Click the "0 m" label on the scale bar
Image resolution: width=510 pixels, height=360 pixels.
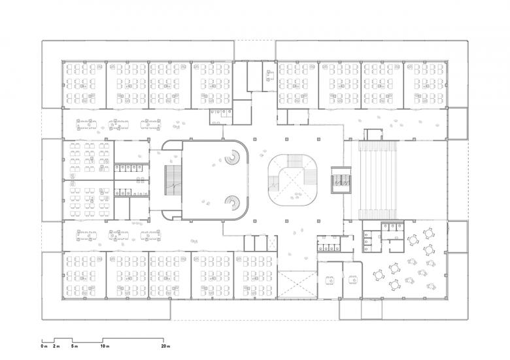44,346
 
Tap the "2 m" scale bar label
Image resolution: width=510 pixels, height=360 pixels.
56,346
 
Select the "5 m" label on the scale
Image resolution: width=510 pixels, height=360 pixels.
75,346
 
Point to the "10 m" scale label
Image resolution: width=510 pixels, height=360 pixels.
105,346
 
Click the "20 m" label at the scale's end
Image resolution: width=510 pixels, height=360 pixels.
165,346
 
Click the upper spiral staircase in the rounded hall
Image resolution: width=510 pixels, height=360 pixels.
232,157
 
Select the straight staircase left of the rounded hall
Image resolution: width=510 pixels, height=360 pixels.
173,180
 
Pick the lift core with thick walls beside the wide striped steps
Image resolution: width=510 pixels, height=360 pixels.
341,180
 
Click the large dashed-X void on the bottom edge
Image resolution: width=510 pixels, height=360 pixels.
297,285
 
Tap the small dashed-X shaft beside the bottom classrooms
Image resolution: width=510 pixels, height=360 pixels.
272,243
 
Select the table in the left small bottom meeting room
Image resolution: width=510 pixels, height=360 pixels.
330,280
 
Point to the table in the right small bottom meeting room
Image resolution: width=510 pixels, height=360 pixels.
353,280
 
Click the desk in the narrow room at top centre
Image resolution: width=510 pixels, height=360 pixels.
270,76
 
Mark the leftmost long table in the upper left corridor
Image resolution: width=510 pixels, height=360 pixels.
86,125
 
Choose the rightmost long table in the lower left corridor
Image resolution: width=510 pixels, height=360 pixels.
150,236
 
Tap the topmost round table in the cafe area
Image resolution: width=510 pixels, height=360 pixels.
429,233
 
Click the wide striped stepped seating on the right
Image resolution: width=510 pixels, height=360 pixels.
379,180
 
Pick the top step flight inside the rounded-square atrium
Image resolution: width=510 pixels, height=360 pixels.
296,161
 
